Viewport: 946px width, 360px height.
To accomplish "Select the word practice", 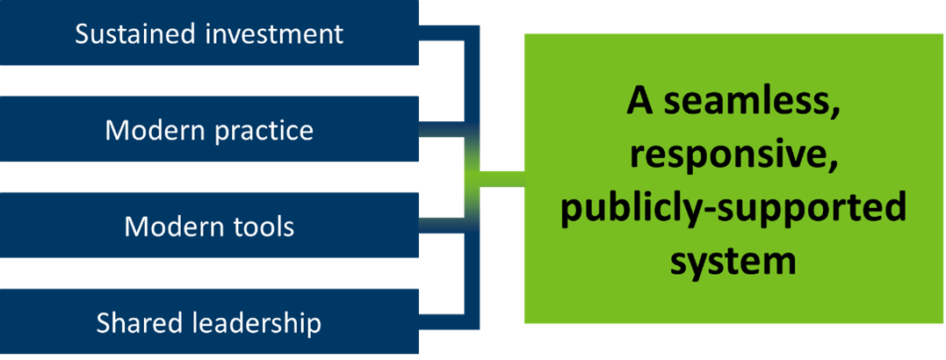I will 263,131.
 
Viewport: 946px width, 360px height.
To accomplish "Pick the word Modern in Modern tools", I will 174,227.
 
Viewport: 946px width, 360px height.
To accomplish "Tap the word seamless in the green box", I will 755,103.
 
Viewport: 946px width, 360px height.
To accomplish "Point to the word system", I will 733,263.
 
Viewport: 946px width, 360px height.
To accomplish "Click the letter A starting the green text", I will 642,103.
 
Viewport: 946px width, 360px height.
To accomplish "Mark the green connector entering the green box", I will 501,179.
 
